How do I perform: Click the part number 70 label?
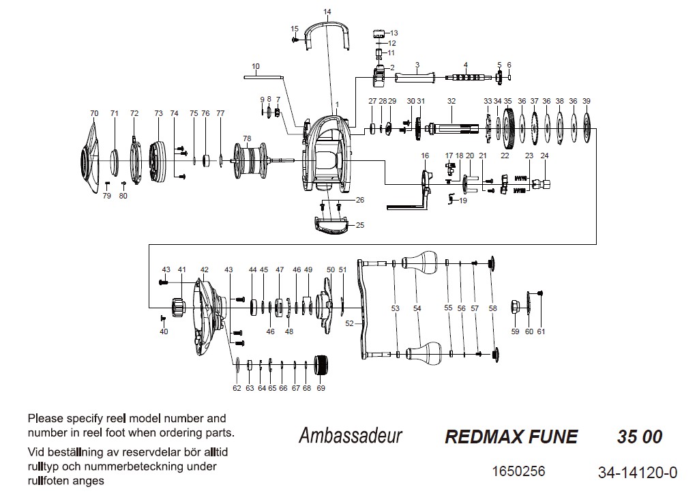click(94, 113)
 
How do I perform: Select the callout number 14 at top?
click(327, 12)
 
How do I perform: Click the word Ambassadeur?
click(350, 436)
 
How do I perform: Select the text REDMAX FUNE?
click(511, 437)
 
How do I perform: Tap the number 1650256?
click(518, 471)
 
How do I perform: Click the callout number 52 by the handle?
click(350, 323)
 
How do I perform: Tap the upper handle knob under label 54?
click(420, 261)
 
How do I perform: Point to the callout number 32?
click(451, 101)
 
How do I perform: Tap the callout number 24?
click(544, 156)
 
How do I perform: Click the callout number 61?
click(541, 331)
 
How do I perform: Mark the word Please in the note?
click(43, 418)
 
